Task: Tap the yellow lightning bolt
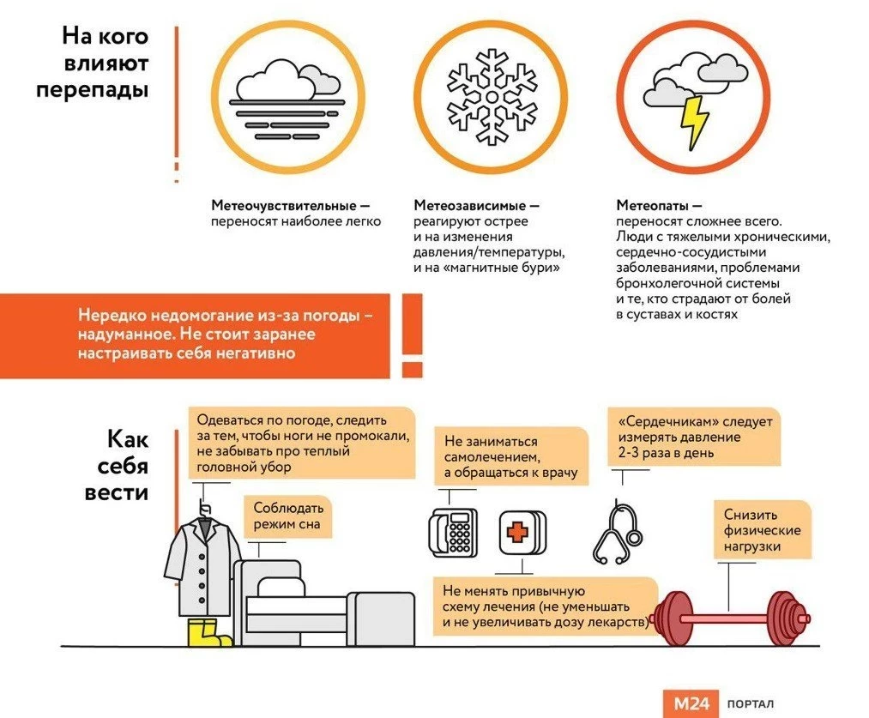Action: [x=694, y=121]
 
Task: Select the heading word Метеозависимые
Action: [x=471, y=206]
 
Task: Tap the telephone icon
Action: [x=452, y=533]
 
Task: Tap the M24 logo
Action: [x=690, y=703]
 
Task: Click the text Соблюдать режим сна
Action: [x=287, y=516]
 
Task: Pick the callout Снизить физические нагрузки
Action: [x=762, y=530]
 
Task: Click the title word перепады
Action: [x=93, y=88]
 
